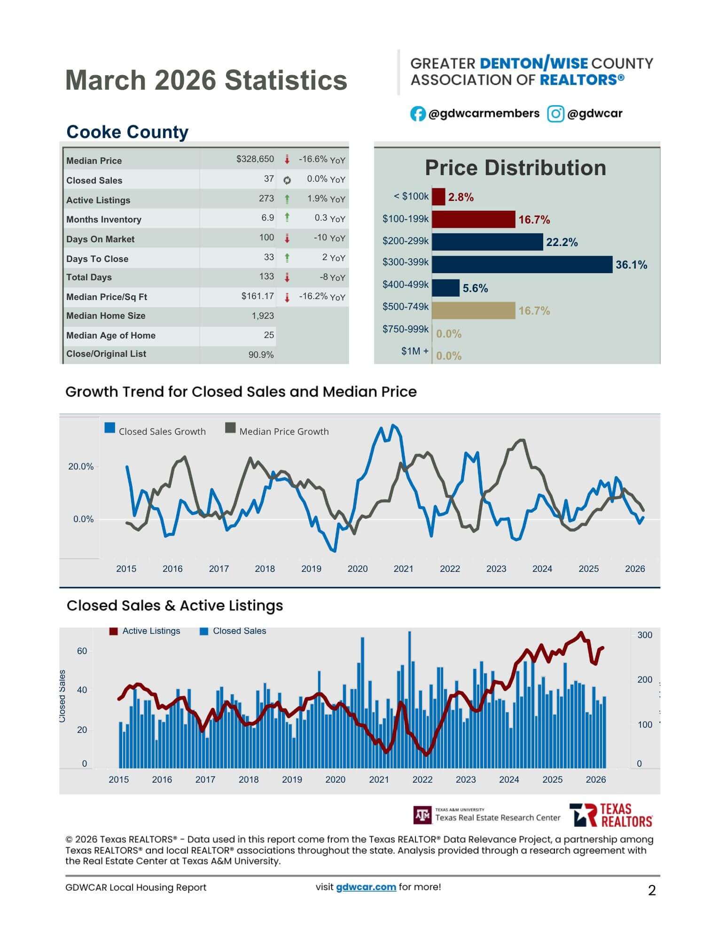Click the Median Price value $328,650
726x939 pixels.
click(255, 159)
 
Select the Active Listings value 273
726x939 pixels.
click(266, 199)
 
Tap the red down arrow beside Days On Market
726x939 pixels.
click(287, 239)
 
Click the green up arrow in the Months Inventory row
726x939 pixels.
click(287, 217)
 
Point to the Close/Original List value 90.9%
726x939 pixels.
click(261, 355)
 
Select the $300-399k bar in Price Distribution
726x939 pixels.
click(522, 264)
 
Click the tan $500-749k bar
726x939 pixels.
click(473, 310)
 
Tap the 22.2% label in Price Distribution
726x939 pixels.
click(562, 242)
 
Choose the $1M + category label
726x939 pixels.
click(414, 351)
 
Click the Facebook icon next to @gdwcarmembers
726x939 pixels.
click(418, 114)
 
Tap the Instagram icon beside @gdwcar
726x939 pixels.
click(555, 114)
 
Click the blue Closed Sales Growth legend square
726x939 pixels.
click(110, 428)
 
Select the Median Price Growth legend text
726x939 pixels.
click(284, 431)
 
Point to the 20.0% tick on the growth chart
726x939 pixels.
click(81, 467)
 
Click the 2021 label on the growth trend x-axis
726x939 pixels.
click(403, 569)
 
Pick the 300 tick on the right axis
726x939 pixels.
click(645, 635)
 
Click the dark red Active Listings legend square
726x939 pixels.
click(113, 631)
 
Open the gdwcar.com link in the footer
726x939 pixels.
click(366, 887)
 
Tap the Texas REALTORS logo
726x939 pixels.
click(610, 816)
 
